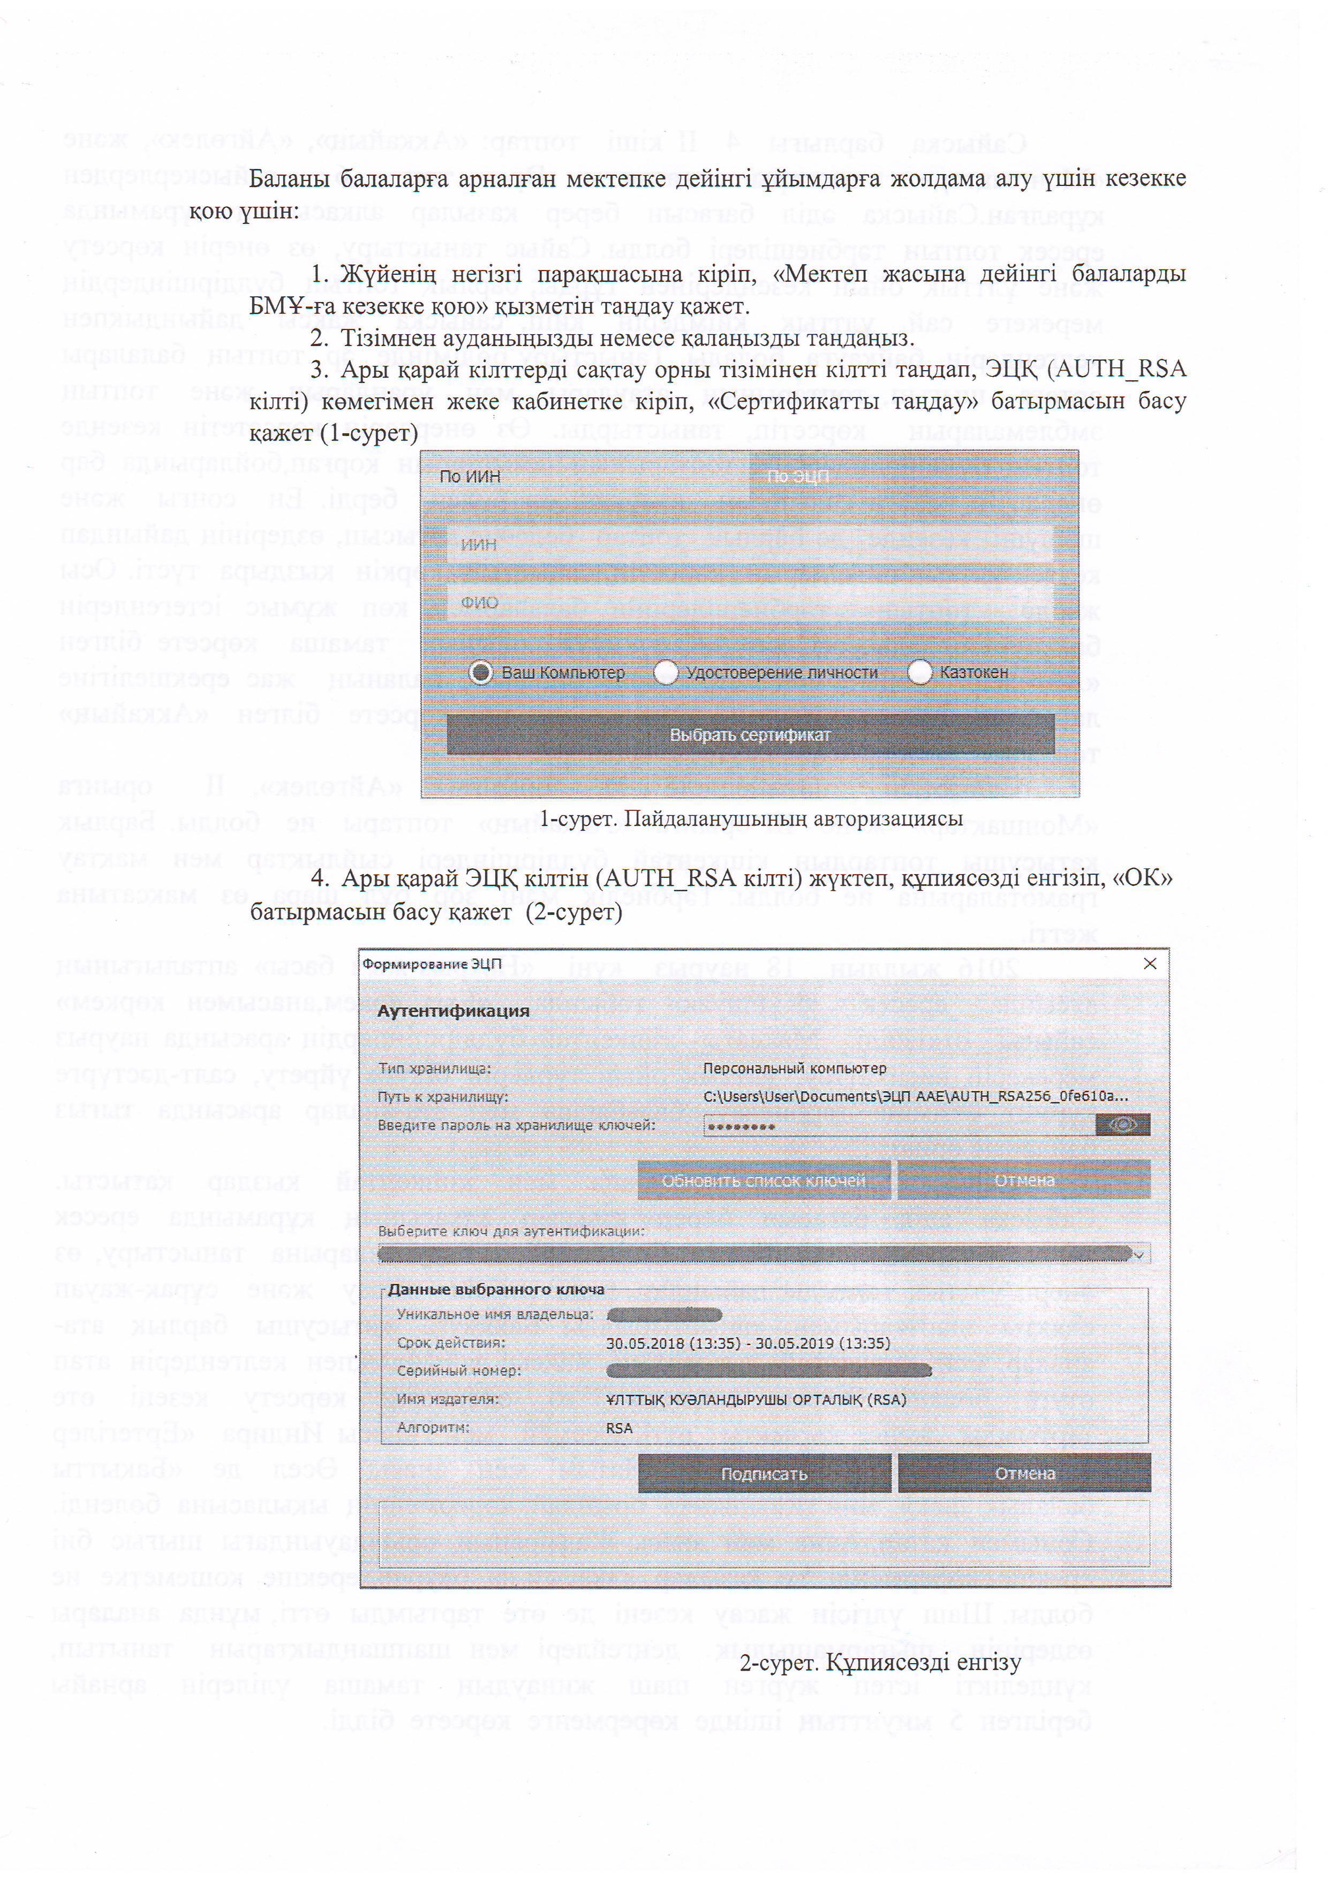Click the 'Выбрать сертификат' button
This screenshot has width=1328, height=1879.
tap(750, 735)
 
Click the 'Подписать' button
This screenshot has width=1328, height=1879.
tap(764, 1474)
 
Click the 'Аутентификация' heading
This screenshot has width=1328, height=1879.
tap(452, 1011)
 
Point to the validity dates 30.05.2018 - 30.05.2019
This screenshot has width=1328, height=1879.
tap(747, 1343)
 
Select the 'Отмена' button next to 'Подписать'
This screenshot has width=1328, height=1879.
tap(1024, 1474)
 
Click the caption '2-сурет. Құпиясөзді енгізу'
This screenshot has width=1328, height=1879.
tap(880, 1664)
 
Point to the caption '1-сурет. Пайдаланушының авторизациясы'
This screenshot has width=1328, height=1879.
tap(750, 819)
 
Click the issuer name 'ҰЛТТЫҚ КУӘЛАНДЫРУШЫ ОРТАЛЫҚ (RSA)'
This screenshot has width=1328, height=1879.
tap(756, 1400)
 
